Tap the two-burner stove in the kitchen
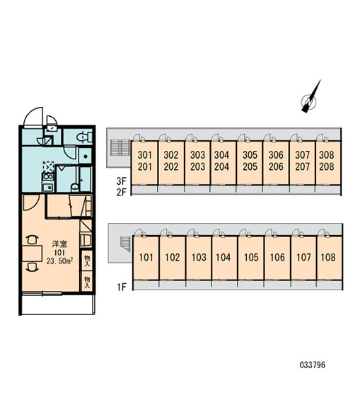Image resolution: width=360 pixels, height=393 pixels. pyautogui.click(x=48, y=176)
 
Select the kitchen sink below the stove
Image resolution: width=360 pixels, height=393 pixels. pyautogui.click(x=47, y=187)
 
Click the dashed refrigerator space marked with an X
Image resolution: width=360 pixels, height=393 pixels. pyautogui.click(x=48, y=166)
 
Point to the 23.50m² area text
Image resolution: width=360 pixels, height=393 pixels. pyautogui.click(x=59, y=261)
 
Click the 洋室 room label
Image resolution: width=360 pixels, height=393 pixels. pyautogui.click(x=59, y=244)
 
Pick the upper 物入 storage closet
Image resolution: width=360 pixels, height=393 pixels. pyautogui.click(x=86, y=260)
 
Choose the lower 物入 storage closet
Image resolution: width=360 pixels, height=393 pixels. pyautogui.click(x=86, y=281)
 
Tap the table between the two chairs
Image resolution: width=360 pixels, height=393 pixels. pyautogui.click(x=32, y=254)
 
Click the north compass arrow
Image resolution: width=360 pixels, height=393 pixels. pyautogui.click(x=310, y=97)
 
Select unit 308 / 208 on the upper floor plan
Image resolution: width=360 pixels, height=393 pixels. pyautogui.click(x=328, y=163)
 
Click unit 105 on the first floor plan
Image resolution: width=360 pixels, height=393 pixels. pyautogui.click(x=251, y=258)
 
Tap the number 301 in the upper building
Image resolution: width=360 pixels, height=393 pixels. pyautogui.click(x=145, y=155)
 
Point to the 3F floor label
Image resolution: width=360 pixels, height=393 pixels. pyautogui.click(x=122, y=181)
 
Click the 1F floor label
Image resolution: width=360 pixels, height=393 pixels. pyautogui.click(x=122, y=287)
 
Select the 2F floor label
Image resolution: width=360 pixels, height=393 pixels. pyautogui.click(x=122, y=192)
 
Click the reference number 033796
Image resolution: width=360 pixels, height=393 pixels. pyautogui.click(x=313, y=365)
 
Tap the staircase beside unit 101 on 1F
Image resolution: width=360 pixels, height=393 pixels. pyautogui.click(x=126, y=244)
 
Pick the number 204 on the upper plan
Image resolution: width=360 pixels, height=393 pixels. pyautogui.click(x=221, y=166)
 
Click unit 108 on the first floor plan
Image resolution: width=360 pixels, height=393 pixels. pyautogui.click(x=330, y=258)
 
